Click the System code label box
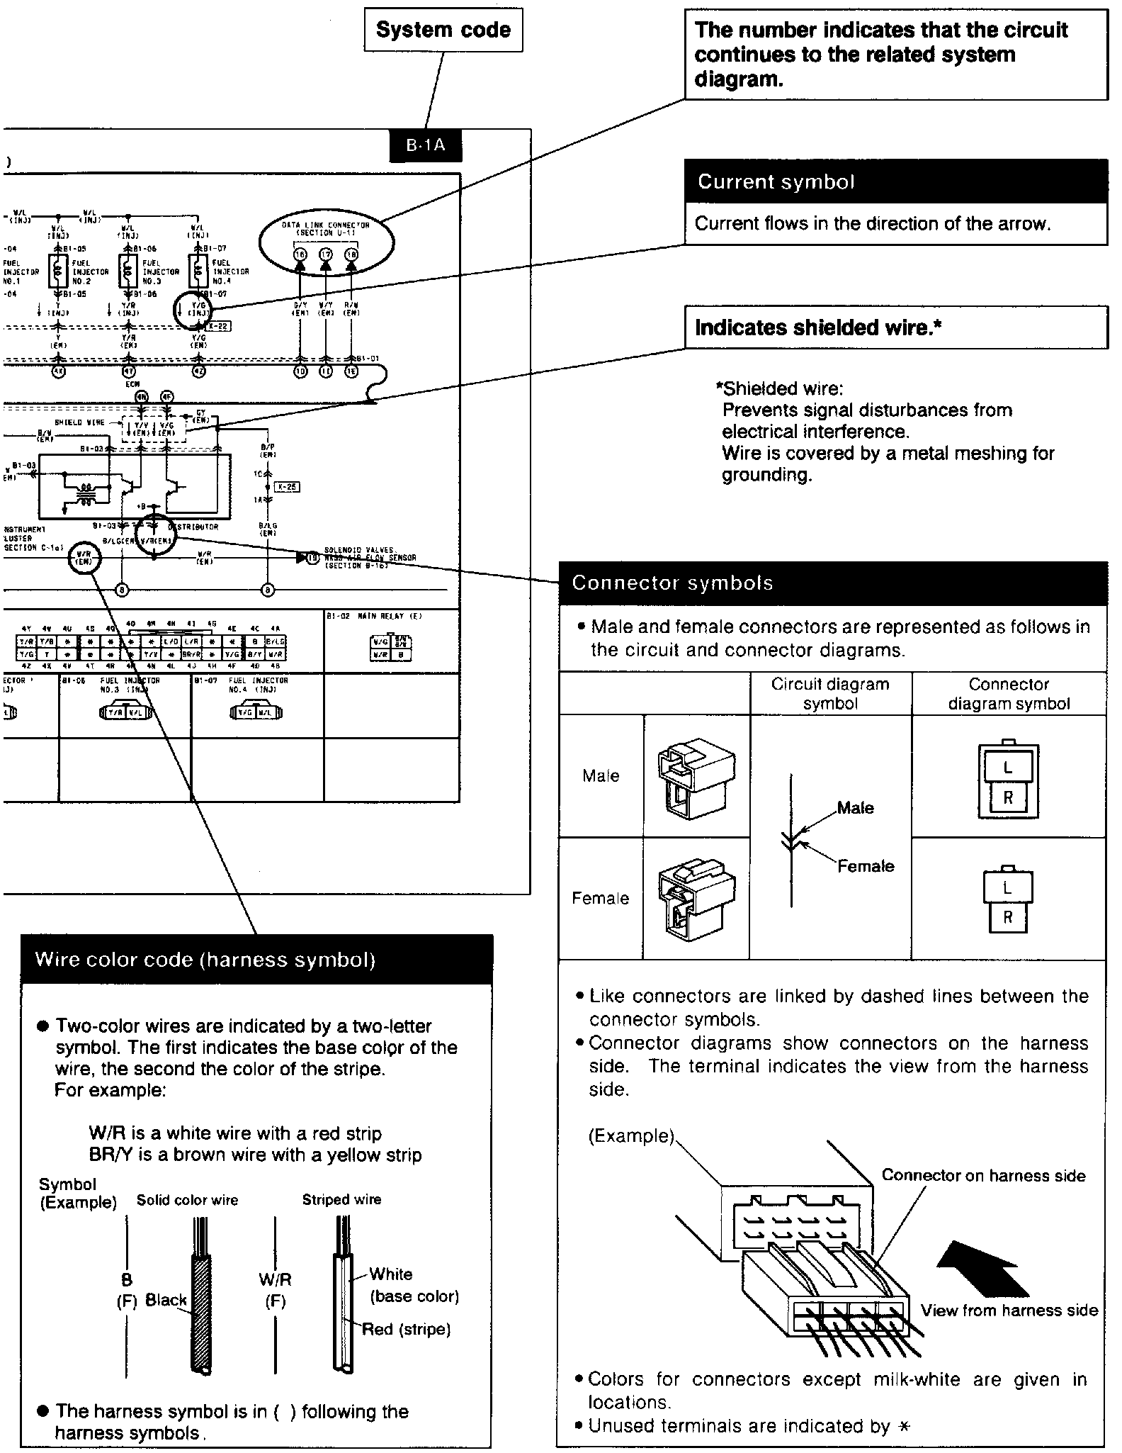443,30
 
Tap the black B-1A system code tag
426,145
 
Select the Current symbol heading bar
895,182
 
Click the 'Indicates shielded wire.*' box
895,327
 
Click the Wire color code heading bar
256,960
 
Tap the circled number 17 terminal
326,254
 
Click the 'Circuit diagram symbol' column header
830,694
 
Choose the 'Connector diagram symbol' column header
1009,694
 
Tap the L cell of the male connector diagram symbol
1008,768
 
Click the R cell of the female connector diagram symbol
1008,918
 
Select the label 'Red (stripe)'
407,1329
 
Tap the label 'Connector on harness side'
983,1175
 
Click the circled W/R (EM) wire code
84,559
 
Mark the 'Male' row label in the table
601,776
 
